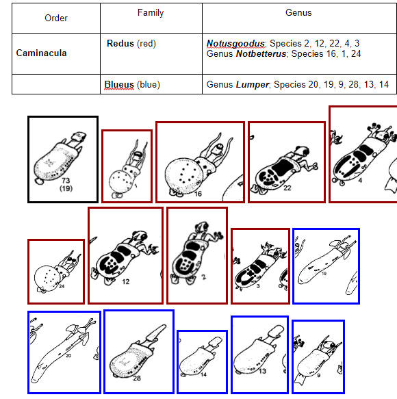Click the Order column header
coord(56,18)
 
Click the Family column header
coord(151,12)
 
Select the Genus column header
coord(298,12)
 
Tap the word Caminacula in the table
coord(41,53)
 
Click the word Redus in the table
coord(120,44)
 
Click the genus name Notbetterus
coord(261,53)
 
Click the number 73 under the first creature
coord(66,180)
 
